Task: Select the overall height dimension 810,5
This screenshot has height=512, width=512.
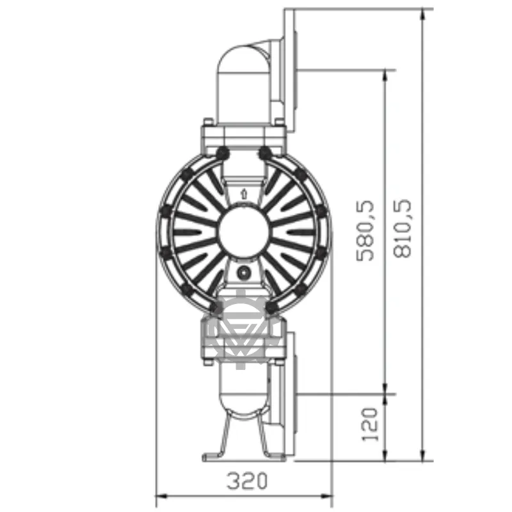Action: pos(403,228)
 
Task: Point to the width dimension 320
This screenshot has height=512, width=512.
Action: pos(246,480)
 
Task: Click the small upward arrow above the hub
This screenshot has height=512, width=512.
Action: pos(243,191)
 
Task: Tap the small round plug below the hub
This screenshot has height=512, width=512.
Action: pos(243,273)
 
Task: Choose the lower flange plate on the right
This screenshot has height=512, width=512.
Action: pos(289,394)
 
